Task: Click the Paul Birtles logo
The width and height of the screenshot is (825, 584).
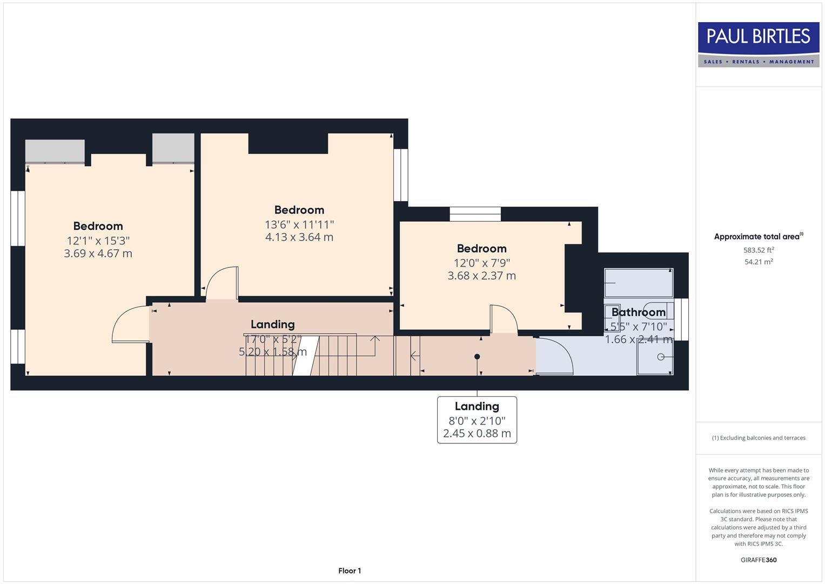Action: pos(758,44)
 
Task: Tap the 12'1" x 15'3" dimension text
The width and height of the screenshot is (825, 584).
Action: pos(98,241)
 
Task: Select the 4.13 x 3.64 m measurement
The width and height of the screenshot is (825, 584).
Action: pos(299,237)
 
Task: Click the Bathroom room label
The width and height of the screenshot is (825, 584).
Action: pos(638,312)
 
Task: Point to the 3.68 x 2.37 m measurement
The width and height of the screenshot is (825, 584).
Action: pos(481,276)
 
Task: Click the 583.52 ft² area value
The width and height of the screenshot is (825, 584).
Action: pos(758,250)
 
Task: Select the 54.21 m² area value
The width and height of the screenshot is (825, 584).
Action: pos(758,262)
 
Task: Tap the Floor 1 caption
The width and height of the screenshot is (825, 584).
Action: pos(350,570)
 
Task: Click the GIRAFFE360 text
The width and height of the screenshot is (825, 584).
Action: pos(758,560)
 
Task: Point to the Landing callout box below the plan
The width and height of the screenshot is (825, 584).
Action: pos(477,420)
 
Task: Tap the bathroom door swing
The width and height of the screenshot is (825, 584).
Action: pos(555,356)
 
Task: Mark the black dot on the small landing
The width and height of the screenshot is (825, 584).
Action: pos(477,356)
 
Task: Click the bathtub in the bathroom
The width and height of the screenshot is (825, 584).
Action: pos(638,283)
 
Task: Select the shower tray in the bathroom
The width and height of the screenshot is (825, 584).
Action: pos(654,357)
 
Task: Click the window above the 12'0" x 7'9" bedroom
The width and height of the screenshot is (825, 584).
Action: pos(475,214)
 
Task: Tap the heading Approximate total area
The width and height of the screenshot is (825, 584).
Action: pos(758,236)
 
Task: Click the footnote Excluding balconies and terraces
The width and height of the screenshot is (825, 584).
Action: pos(758,438)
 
